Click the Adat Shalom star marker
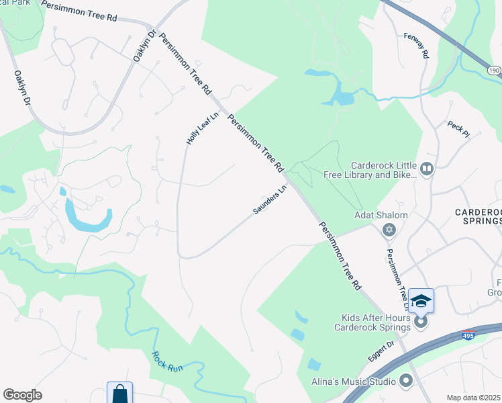[388, 231]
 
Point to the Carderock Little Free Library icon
[426, 168]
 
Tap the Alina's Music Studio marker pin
[405, 382]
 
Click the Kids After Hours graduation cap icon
[421, 301]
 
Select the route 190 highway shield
[494, 70]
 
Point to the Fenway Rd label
[416, 45]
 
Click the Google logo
[22, 395]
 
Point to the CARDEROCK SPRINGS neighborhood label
[477, 216]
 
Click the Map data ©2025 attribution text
[473, 398]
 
